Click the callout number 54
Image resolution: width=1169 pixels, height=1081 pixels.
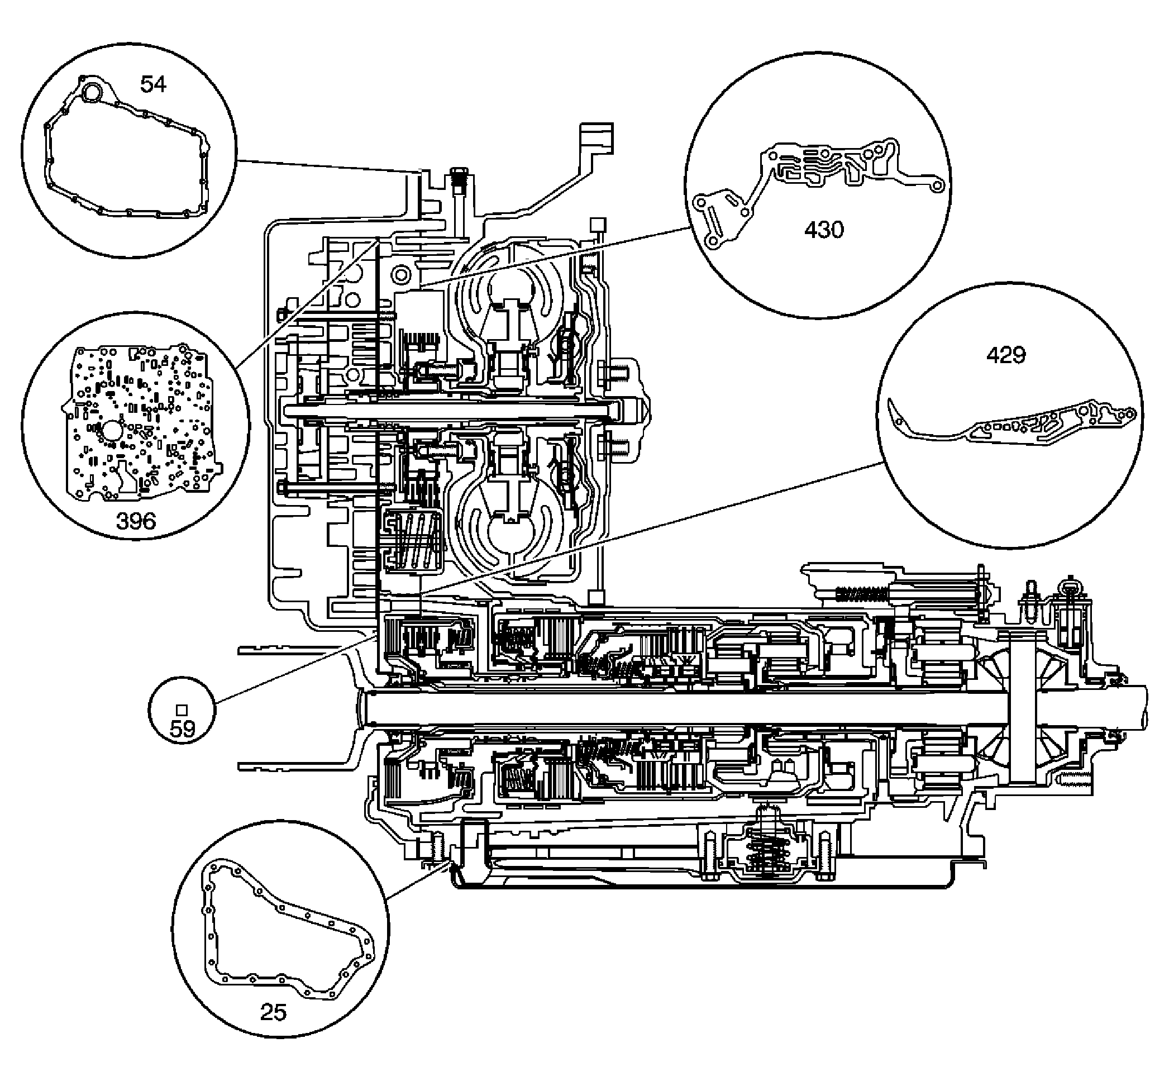tap(153, 85)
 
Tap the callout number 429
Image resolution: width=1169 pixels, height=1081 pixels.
tap(1006, 355)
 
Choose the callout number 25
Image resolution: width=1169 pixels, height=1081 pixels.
tap(273, 1011)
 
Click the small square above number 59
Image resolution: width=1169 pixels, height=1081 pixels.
tap(182, 709)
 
